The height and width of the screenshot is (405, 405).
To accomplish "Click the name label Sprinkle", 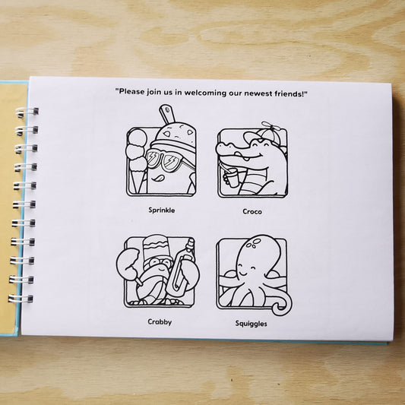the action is coord(162,210).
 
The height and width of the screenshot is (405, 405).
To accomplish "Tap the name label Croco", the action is coord(252,211).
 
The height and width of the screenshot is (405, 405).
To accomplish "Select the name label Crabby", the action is coord(160,322).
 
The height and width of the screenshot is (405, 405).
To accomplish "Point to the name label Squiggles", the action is coord(251,324).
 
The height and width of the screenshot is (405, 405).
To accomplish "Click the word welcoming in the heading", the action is coord(205,93).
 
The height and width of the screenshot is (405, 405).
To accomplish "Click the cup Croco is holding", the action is coord(233,177).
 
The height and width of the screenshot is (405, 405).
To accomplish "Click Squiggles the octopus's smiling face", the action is coord(247,269).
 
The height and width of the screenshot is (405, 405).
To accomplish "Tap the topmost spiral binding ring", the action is coord(27,112).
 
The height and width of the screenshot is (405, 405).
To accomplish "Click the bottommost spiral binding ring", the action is coord(21,299).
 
